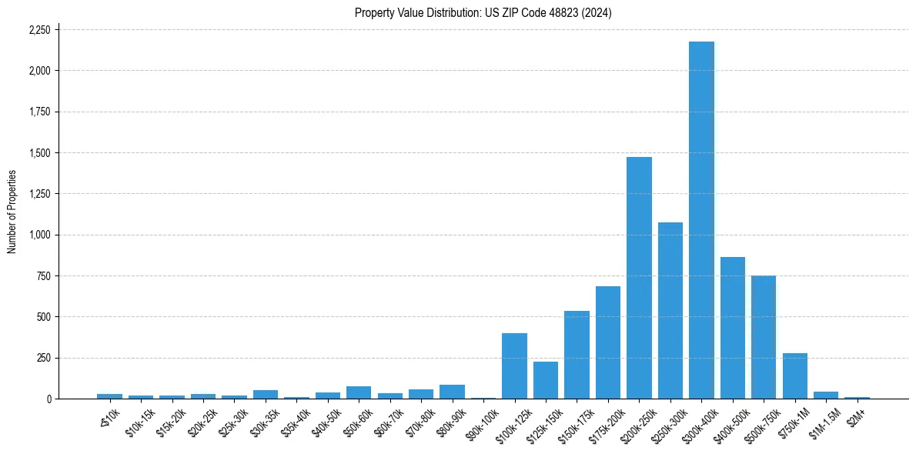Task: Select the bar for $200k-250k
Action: (x=639, y=278)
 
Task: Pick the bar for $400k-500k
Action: (x=732, y=328)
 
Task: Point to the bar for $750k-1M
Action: (x=794, y=376)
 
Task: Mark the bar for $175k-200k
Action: (x=607, y=342)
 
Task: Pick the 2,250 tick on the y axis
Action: (x=39, y=30)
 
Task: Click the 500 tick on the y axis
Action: (x=45, y=317)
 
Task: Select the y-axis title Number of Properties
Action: (x=12, y=212)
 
